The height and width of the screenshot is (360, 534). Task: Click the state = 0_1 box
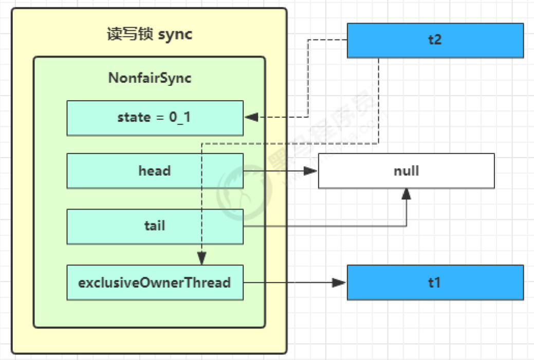tap(155, 118)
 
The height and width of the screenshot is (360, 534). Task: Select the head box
tap(155, 170)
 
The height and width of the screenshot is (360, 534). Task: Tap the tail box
tap(155, 226)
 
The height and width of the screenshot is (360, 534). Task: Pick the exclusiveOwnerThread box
tap(155, 282)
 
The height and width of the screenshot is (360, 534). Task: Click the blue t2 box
tap(435, 40)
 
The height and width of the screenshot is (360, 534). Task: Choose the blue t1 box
tap(435, 282)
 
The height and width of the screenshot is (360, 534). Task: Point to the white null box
tap(406, 170)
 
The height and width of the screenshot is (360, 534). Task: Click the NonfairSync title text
tap(150, 78)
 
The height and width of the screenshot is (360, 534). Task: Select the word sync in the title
tap(175, 34)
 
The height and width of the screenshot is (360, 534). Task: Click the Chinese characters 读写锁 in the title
tap(130, 34)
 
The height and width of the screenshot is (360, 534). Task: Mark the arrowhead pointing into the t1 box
tap(340, 282)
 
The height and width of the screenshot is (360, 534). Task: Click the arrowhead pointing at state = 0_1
tap(251, 118)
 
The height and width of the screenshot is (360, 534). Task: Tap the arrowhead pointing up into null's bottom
tap(407, 194)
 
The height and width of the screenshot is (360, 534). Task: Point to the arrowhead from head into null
tap(311, 170)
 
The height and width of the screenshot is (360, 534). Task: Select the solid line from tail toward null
tap(324, 226)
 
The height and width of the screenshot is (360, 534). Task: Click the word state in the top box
tap(134, 118)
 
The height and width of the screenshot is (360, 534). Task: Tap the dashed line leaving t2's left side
tap(327, 40)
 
